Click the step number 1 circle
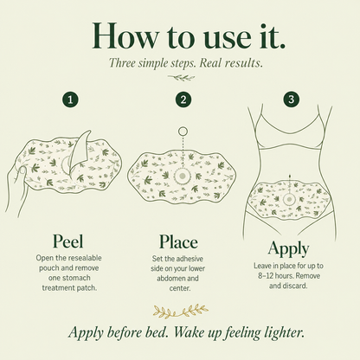tap(70, 100)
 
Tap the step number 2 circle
tap(183, 100)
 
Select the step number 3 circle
tap(291, 100)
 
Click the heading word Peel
tap(68, 241)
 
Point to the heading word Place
tap(178, 241)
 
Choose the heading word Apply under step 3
tap(288, 249)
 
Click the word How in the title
tap(125, 35)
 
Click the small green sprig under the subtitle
tap(182, 77)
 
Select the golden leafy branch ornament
tap(181, 311)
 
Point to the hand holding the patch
tap(17, 189)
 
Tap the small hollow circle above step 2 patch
tap(183, 132)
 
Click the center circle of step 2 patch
tap(182, 176)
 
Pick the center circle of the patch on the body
tap(288, 199)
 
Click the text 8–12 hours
tap(273, 276)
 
